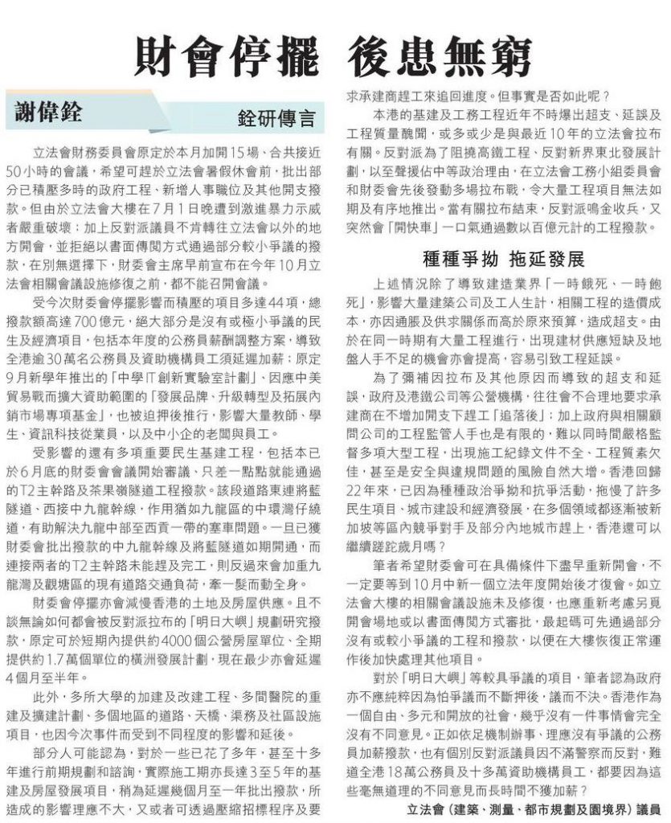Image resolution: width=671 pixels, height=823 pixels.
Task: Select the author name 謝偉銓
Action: coord(48,113)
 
